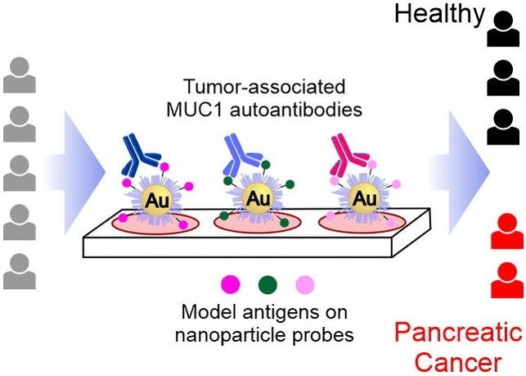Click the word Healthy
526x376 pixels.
(439, 13)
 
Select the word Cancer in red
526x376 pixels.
(459, 363)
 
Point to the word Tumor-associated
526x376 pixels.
(264, 86)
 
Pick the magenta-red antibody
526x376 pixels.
(348, 156)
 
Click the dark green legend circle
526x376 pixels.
(267, 285)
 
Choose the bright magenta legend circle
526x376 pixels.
(231, 285)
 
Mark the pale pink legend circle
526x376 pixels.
(305, 285)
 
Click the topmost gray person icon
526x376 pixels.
(20, 75)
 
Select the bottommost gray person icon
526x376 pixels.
(20, 271)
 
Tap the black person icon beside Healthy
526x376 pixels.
(503, 29)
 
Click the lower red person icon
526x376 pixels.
(507, 280)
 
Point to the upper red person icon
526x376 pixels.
(507, 231)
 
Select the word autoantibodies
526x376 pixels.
(296, 110)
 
